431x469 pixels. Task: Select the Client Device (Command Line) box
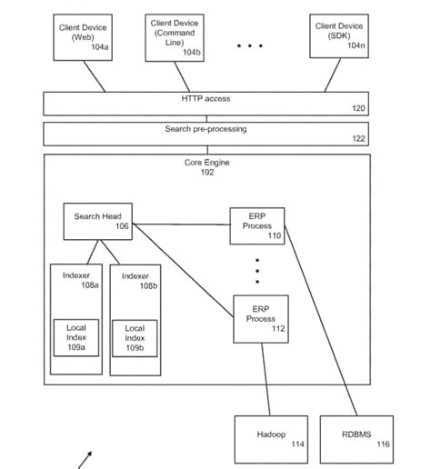coord(175,37)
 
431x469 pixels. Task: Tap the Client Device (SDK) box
coord(339,37)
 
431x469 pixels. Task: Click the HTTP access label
coord(205,98)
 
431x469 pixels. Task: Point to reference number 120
coord(359,108)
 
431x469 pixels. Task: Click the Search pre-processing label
coord(205,129)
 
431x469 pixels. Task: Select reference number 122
coord(359,139)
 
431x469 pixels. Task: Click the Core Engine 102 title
coord(206,167)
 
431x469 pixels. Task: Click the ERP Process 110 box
coord(257,225)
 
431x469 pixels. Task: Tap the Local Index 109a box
coord(75,338)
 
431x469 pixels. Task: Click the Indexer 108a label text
coord(76,280)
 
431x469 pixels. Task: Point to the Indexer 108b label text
coord(135,280)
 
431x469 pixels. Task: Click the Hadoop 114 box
coord(271,438)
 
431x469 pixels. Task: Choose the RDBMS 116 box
coord(357,438)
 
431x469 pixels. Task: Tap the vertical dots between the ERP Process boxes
coord(257,270)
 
